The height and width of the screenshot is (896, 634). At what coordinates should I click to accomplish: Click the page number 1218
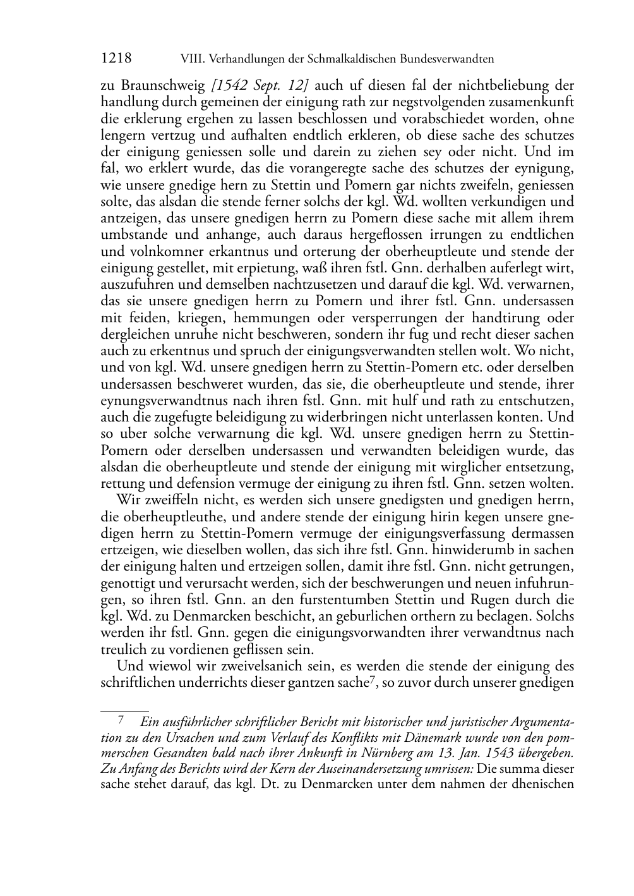tap(116, 59)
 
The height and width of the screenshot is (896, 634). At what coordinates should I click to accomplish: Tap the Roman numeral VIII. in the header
tap(192, 59)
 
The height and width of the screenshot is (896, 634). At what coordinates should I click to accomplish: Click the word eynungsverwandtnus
tap(167, 400)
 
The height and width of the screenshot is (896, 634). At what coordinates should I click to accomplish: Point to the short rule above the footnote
tap(124, 711)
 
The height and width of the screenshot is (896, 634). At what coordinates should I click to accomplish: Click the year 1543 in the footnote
tap(503, 753)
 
